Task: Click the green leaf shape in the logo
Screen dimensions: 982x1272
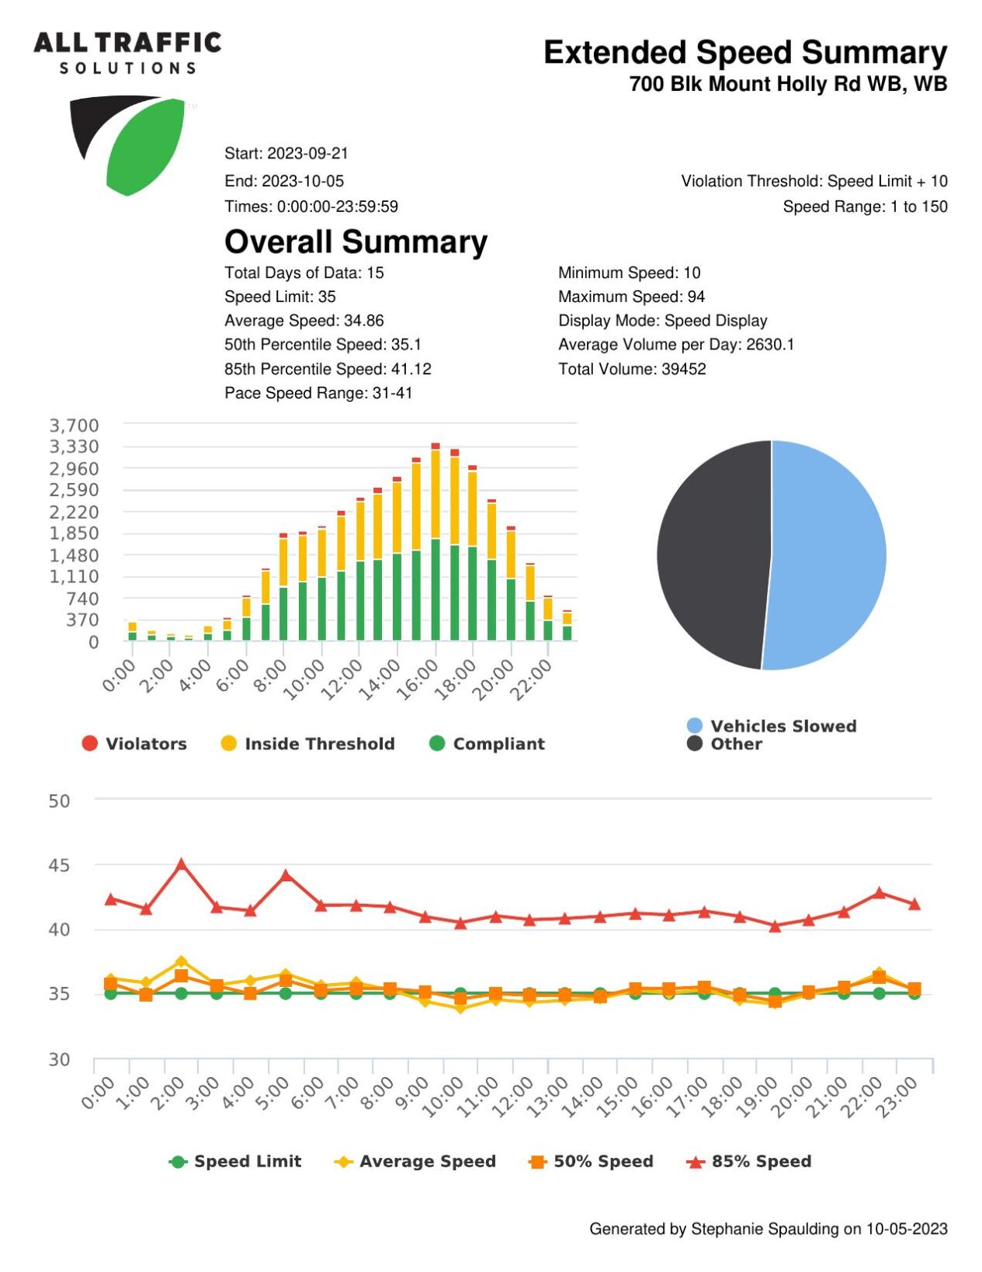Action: [145, 146]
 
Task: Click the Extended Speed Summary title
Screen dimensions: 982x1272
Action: [745, 53]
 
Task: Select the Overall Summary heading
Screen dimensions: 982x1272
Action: [356, 242]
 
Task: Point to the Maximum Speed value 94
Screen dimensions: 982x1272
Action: [696, 297]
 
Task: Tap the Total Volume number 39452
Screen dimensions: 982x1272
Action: [684, 369]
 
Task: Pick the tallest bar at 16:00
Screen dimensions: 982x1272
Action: [435, 541]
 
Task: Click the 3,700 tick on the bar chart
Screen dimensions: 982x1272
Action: [75, 426]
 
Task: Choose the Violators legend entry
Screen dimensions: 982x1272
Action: [134, 743]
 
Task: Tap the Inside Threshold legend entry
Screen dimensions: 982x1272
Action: [307, 743]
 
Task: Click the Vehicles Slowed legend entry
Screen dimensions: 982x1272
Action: [772, 726]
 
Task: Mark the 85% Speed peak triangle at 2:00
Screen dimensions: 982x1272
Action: [182, 864]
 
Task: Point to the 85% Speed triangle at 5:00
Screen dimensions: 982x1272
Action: [286, 876]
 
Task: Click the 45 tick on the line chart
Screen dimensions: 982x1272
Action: [59, 865]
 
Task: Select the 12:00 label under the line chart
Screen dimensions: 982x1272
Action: [519, 1097]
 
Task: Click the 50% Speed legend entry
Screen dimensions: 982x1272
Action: [591, 1162]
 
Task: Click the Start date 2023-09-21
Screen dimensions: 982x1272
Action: [307, 153]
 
